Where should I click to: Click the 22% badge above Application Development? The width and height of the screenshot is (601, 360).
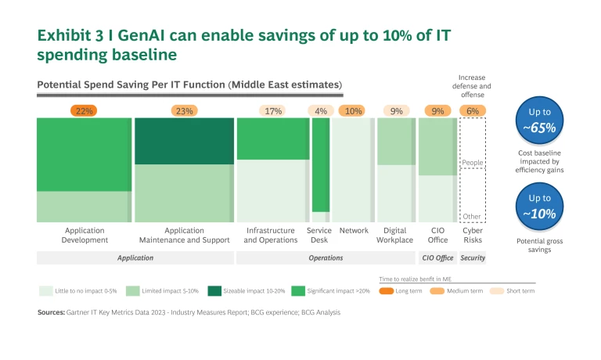84,111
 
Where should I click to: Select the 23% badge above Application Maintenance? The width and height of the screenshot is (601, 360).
184,111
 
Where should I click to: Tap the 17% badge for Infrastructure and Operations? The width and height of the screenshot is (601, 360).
272,111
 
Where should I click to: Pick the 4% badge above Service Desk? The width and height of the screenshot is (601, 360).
320,111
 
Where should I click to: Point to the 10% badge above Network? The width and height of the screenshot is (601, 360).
353,111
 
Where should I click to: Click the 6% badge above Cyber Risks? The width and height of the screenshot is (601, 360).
472,111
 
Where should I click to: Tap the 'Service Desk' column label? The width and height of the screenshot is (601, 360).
319,236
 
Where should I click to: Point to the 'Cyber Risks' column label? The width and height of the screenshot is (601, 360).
472,236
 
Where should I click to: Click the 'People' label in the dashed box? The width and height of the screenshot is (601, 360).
472,163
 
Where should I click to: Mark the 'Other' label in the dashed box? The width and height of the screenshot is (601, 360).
472,217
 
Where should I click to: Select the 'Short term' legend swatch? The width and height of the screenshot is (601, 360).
496,290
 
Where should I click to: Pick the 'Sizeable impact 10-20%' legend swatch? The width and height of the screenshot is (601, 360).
214,290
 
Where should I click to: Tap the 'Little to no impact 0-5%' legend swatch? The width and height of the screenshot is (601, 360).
46,290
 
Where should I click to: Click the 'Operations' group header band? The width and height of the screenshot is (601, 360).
325,257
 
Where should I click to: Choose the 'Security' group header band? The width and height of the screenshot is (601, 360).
472,257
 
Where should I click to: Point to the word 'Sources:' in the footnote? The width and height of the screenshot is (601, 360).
51,312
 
